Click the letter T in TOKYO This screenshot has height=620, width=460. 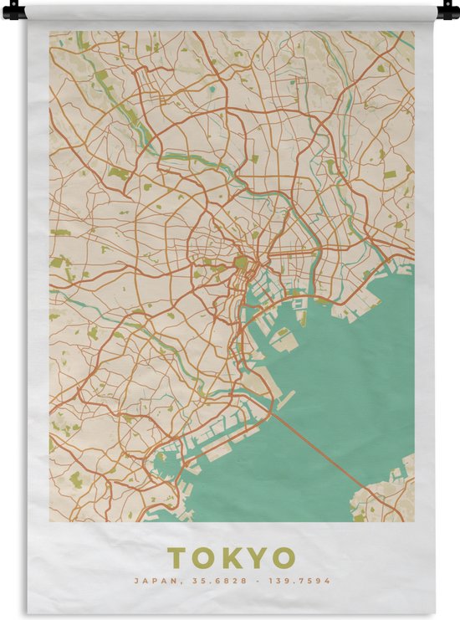point(177,558)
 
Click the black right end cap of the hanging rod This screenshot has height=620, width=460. point(447,12)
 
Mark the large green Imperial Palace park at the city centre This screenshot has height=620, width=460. point(241,264)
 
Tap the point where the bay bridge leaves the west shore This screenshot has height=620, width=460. point(273,407)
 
